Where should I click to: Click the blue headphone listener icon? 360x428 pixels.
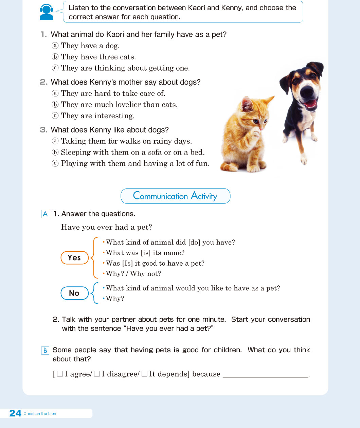tap(47, 12)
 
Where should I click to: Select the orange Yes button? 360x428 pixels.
tap(74, 257)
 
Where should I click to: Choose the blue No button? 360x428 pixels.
tap(74, 293)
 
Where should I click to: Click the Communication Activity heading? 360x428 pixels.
tap(175, 196)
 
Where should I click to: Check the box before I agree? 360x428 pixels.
tap(60, 374)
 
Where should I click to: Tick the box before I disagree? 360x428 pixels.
tap(97, 374)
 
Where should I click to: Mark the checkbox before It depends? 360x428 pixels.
tap(144, 374)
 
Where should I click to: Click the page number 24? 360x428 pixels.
tap(15, 413)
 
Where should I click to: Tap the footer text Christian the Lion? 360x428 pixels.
tap(40, 413)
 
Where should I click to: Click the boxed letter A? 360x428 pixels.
tap(45, 214)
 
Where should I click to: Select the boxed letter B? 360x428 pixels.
tap(45, 350)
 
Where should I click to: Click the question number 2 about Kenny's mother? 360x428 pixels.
tap(43, 82)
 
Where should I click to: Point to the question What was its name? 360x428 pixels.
tap(145, 253)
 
